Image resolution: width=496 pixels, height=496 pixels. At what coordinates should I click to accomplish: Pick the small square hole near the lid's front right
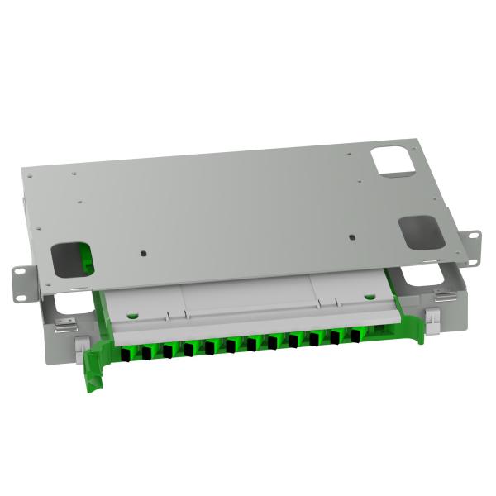[x=353, y=237]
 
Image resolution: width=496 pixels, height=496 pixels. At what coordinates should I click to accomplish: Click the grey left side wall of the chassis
[x=58, y=315]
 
